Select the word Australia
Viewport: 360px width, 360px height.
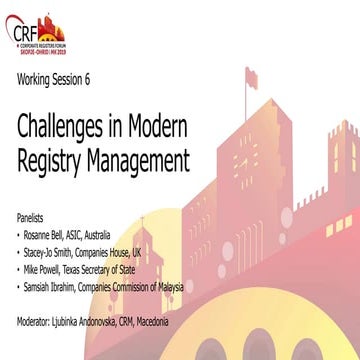tap(124, 231)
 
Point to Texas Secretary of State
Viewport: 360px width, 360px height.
tap(119, 262)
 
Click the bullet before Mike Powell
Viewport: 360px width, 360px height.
tap(21, 262)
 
